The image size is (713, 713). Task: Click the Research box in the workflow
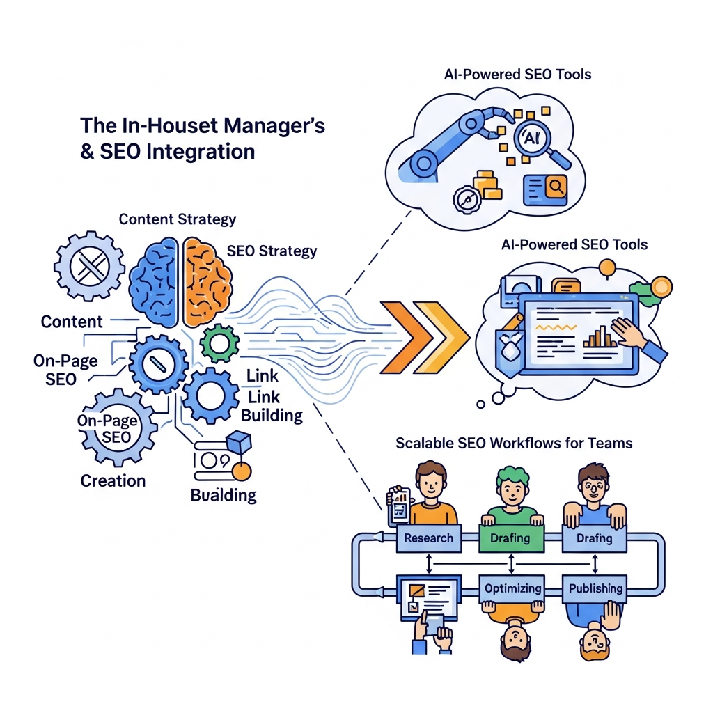tap(429, 538)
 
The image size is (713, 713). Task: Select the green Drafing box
tap(511, 538)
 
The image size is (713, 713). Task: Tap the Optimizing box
tap(512, 588)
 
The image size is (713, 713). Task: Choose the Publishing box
tap(595, 588)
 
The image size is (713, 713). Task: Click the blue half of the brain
tap(154, 282)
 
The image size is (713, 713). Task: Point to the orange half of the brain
tap(207, 282)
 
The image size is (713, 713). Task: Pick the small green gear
tap(219, 344)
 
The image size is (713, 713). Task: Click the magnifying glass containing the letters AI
tap(539, 141)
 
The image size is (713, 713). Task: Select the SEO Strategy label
tap(272, 251)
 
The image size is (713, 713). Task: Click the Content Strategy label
tap(178, 219)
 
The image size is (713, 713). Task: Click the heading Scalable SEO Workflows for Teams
tap(514, 443)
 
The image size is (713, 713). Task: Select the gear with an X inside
tap(90, 266)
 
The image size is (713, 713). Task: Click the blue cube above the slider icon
tap(239, 442)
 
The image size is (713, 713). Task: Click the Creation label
tap(113, 481)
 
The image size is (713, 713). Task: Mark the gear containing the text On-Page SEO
tap(118, 428)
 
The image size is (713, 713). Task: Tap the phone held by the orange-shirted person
tap(399, 507)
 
